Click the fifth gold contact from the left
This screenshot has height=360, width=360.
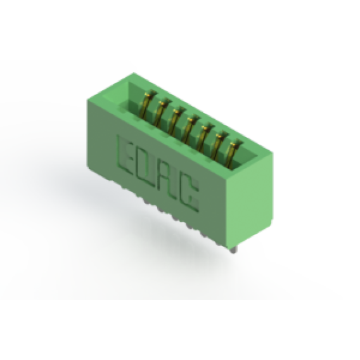[x=203, y=136]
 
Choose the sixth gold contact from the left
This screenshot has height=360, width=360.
[x=217, y=145]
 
